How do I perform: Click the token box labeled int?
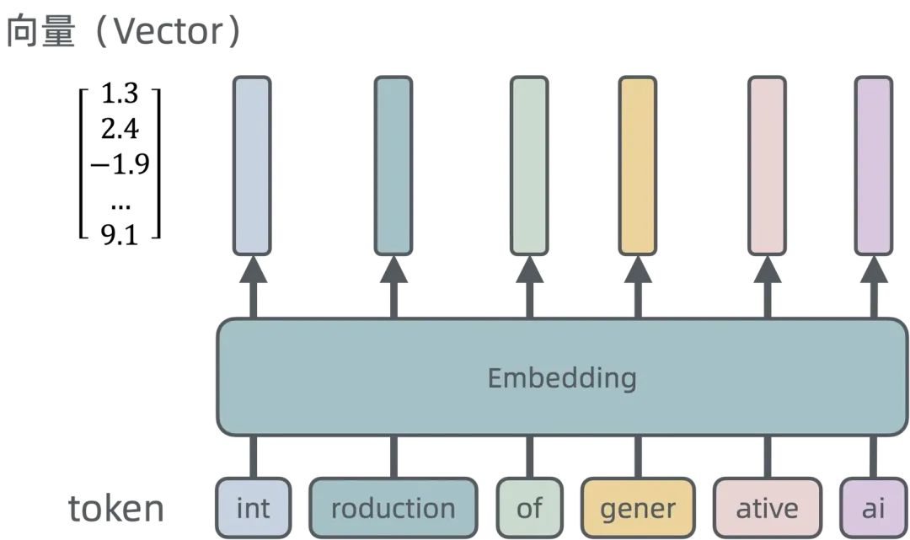253,508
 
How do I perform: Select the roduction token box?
393,508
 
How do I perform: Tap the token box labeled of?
529,508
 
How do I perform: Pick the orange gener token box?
638,508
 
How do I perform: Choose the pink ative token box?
767,508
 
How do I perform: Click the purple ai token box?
874,508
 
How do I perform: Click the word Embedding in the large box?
562,377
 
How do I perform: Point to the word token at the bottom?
116,509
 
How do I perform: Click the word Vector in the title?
166,32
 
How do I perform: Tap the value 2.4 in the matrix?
120,130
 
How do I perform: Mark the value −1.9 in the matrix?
120,163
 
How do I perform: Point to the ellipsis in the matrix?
120,202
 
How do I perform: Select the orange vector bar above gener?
638,165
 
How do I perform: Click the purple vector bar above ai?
874,165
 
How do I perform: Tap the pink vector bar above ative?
767,165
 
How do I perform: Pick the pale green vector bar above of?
529,165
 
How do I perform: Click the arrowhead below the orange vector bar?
638,270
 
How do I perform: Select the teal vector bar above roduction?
393,165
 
